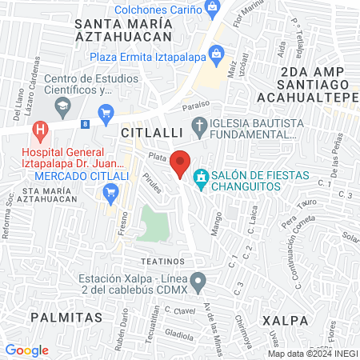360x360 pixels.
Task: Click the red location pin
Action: pos(181,162)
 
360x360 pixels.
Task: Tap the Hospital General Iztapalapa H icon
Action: pos(38,129)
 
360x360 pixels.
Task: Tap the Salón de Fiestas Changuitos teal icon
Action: pos(202,175)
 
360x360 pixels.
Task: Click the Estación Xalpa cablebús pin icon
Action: pos(201,281)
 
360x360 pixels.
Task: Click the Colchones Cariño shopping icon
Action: pos(212,10)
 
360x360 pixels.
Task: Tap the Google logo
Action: pos(27,350)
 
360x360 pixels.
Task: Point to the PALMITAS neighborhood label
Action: pos(66,317)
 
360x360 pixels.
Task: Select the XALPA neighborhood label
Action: pos(285,319)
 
